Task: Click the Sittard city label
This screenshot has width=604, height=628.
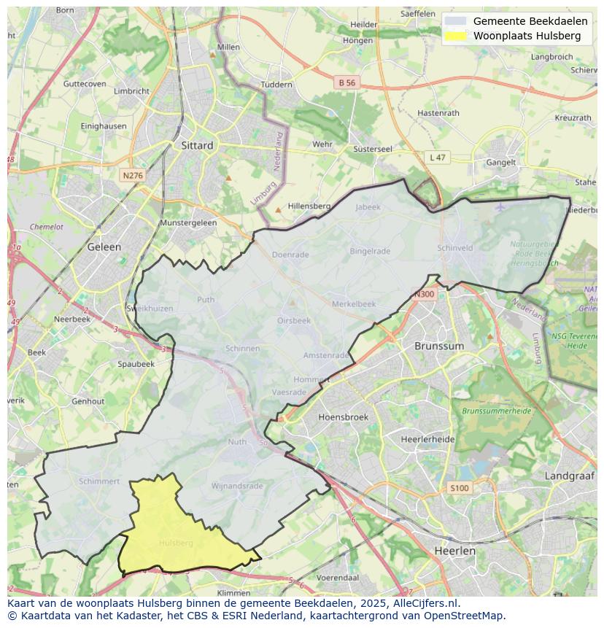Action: coord(197,145)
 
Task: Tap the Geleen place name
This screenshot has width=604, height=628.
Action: coord(104,247)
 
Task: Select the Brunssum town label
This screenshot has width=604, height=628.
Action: coord(439,346)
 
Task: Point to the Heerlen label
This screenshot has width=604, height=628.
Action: coord(454,551)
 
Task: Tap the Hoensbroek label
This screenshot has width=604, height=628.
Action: coord(344,417)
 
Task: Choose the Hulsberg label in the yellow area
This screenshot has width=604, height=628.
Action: coord(176,543)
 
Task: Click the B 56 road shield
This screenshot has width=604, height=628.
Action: coord(347,83)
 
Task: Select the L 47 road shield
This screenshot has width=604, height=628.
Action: coord(437,158)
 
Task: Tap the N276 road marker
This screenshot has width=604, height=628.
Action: coord(133,176)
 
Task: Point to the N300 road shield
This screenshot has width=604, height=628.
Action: coord(424,295)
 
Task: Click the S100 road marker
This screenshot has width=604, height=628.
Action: coord(460,488)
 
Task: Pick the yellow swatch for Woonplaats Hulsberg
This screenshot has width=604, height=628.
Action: coord(455,36)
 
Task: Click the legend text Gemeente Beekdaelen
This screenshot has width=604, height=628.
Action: coord(530,21)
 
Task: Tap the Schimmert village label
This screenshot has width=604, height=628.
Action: coord(99,481)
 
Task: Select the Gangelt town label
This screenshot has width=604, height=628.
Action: coord(501,163)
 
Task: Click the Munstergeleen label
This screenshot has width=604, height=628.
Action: coord(188,222)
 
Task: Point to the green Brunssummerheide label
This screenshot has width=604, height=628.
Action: coord(496,411)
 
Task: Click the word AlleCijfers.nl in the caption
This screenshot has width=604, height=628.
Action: coord(423,603)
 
